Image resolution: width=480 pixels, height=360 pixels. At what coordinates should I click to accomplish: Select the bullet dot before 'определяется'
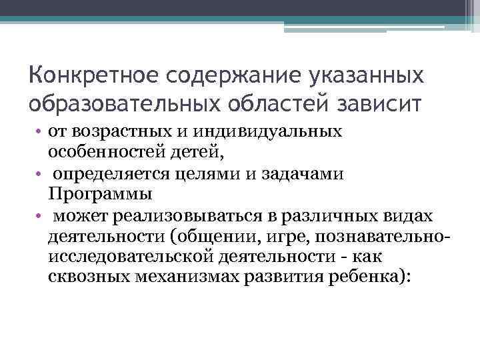click(x=39, y=174)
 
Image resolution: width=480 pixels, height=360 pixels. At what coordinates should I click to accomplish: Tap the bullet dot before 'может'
click(x=39, y=217)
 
